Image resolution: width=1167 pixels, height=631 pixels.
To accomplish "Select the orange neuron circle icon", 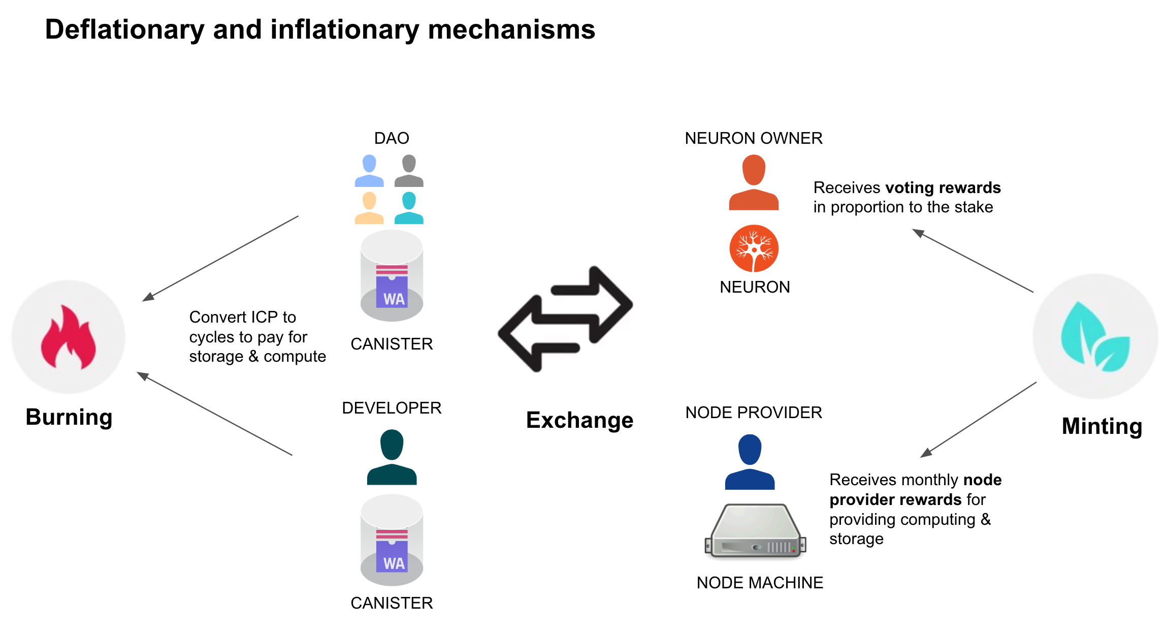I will [754, 248].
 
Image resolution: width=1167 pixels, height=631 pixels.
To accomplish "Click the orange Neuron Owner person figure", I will [754, 183].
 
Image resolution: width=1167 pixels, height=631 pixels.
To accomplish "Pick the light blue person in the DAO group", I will [369, 171].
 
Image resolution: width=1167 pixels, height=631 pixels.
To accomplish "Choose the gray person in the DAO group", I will [409, 171].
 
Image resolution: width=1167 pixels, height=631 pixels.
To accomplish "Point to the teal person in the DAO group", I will [409, 208].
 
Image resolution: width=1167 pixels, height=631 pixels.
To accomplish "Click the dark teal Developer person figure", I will [392, 457].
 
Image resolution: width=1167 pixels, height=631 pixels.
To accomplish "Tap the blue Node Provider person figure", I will [750, 462].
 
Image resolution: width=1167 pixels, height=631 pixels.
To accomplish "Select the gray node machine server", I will [755, 531].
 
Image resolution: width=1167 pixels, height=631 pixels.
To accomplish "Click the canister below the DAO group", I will [392, 276].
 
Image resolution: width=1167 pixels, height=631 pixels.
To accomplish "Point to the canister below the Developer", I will [392, 540].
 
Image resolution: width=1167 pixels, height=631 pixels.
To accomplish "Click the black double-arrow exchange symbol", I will [566, 319].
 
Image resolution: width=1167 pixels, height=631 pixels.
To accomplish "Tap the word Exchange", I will [579, 420].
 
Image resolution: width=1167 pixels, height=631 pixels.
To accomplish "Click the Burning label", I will [69, 417].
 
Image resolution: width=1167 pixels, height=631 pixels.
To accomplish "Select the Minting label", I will [1102, 426].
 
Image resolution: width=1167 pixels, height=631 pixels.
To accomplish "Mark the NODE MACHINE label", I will [760, 583].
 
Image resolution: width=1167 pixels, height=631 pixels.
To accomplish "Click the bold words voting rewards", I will [943, 187].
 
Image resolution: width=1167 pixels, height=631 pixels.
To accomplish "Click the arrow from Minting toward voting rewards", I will [973, 261].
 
